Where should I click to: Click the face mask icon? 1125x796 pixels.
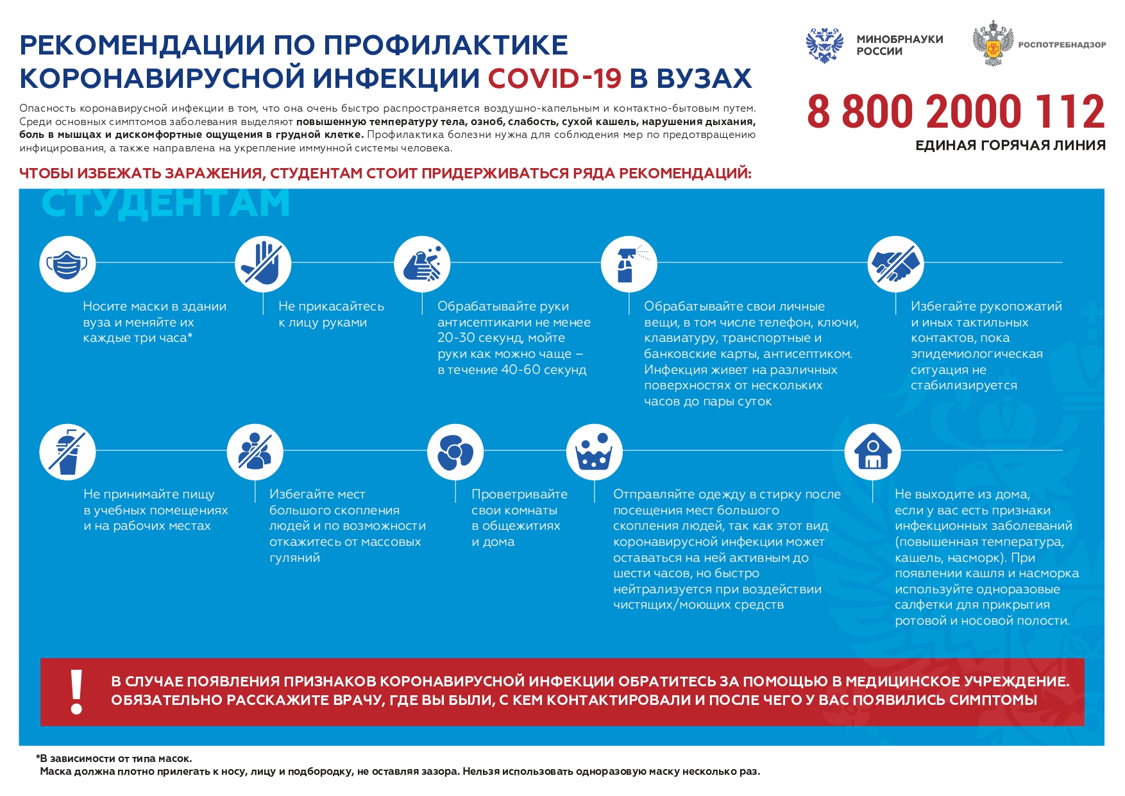(x=67, y=264)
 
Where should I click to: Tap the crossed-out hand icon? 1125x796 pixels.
(x=263, y=264)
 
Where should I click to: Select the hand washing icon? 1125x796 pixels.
(x=422, y=264)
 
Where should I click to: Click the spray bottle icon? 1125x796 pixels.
(x=629, y=264)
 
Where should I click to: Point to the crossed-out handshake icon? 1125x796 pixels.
(x=895, y=264)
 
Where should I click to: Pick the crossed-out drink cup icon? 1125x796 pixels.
(x=67, y=452)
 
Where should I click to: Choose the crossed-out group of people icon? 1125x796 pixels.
(x=255, y=452)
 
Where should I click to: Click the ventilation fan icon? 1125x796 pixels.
(x=455, y=452)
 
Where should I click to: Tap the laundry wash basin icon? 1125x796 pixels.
(x=594, y=452)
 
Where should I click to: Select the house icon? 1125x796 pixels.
(x=872, y=452)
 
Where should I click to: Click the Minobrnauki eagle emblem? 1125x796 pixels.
(x=824, y=45)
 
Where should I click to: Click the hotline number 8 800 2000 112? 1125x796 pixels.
(x=956, y=112)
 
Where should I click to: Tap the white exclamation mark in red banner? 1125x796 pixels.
(x=77, y=691)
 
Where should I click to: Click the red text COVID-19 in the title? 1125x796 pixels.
(x=555, y=78)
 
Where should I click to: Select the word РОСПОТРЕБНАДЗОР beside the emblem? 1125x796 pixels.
(x=1062, y=45)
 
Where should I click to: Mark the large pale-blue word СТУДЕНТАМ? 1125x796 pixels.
(x=165, y=204)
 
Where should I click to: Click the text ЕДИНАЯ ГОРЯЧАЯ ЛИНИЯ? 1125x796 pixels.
(x=1010, y=146)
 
